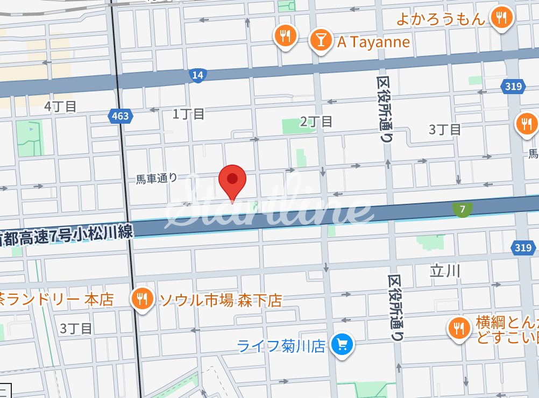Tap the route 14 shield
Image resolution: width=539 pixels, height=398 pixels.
tap(197, 75)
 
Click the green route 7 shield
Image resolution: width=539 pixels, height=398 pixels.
tap(463, 209)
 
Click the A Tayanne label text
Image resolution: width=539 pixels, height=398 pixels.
tap(373, 42)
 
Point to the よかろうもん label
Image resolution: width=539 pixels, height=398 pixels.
tap(441, 19)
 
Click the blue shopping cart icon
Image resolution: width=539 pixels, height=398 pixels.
tap(342, 344)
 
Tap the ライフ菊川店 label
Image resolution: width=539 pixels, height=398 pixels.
tap(281, 345)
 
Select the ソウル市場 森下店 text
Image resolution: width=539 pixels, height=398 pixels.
tap(221, 300)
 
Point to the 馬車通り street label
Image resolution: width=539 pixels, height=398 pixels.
tap(156, 178)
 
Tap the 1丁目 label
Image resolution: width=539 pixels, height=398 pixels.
tap(188, 113)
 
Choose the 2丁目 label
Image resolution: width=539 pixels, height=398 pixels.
tap(316, 122)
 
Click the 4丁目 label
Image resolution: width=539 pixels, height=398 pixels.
tap(60, 106)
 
